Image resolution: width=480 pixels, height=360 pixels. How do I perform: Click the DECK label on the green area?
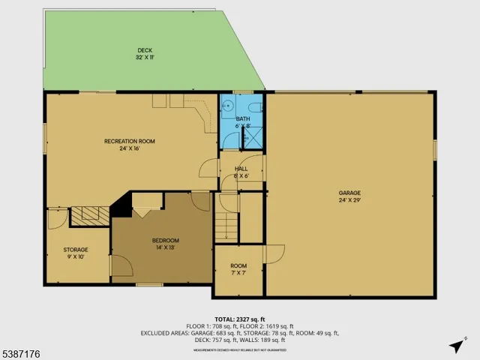[145, 50]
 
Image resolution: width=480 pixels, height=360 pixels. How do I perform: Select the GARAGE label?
[349, 193]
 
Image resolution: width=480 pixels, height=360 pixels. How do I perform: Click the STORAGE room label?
[75, 250]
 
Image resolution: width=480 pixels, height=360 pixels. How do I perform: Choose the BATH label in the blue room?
[243, 118]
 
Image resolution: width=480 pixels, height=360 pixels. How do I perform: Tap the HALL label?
[241, 169]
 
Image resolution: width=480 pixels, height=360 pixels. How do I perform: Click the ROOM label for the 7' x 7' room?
[238, 266]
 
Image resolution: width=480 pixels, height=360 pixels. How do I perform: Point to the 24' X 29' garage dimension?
[349, 200]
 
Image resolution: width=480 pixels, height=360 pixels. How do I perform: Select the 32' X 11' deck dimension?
[145, 58]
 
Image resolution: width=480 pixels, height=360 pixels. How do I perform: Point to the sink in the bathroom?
[228, 105]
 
